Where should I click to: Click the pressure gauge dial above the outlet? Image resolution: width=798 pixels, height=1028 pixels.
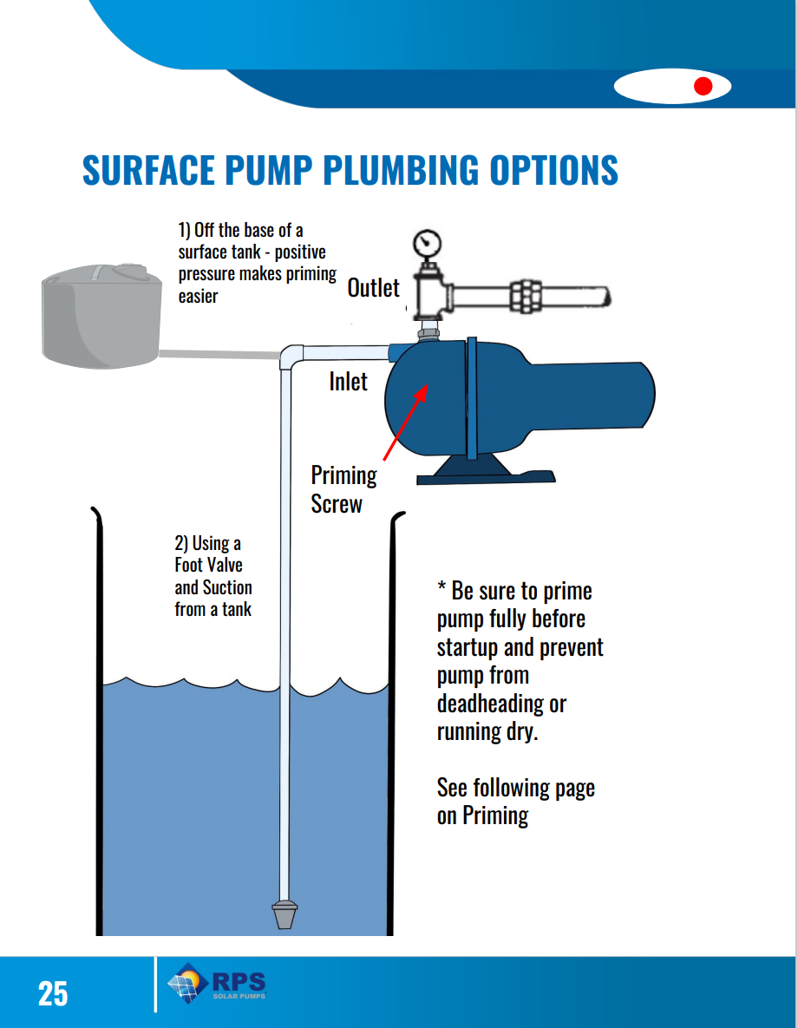[x=426, y=240]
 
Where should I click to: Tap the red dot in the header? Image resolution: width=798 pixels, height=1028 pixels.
[x=703, y=86]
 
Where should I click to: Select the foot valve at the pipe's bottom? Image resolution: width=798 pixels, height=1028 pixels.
[x=285, y=914]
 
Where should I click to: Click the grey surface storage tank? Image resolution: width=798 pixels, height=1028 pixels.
[x=102, y=318]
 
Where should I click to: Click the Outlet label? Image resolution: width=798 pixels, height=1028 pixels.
[x=373, y=288]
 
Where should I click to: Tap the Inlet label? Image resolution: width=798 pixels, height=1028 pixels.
[x=348, y=381]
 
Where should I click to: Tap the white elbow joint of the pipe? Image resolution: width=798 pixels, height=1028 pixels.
[x=293, y=356]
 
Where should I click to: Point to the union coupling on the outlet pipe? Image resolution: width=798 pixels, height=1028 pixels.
[x=525, y=296]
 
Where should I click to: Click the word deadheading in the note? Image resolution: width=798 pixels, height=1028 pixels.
[x=500, y=703]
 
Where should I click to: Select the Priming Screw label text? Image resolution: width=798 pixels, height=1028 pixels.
[x=343, y=489]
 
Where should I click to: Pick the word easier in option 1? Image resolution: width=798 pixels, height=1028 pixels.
[x=199, y=297]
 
